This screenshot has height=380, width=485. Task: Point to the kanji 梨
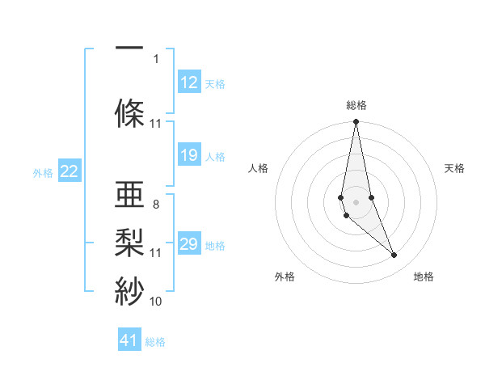tap(130, 240)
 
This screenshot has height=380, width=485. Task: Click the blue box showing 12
tap(189, 82)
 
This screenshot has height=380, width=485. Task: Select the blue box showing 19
tap(189, 155)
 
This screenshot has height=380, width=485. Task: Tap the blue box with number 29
tap(189, 244)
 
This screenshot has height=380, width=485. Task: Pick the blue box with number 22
tap(70, 171)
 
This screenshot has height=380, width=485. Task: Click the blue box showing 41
tap(129, 340)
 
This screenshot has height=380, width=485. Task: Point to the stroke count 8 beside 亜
tap(156, 205)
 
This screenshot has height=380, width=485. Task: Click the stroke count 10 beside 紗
tap(156, 301)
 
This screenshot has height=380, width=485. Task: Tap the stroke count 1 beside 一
tap(156, 58)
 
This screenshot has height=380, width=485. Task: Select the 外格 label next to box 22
tap(43, 172)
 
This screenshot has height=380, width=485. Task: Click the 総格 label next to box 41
tap(155, 341)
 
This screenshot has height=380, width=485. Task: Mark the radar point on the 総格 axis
tap(356, 122)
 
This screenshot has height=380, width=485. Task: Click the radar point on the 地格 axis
tap(394, 255)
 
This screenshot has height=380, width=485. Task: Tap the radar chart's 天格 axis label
tap(454, 168)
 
